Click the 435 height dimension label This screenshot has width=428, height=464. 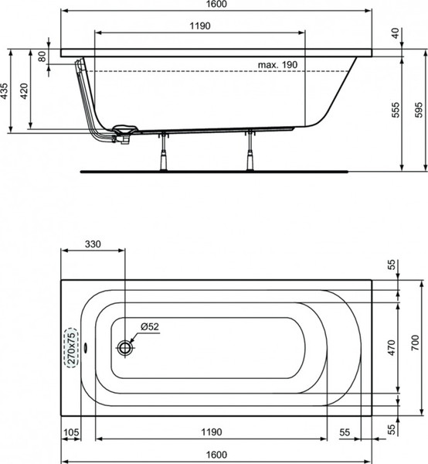5,91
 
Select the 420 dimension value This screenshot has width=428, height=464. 24,91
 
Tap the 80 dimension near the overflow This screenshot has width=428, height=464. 42,56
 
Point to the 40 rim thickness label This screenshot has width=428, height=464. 396,32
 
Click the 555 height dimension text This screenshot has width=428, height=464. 396,110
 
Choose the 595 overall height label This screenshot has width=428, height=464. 419,110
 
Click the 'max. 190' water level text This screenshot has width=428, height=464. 277,64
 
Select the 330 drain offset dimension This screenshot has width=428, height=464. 93,244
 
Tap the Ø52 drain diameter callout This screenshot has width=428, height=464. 150,326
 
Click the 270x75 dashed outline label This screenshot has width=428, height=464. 71,348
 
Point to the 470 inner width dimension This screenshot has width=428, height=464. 392,348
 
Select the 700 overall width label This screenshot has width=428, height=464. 416,343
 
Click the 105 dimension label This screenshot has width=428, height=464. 71,432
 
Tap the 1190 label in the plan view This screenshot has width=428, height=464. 212,432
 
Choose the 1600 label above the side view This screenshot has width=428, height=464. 216,4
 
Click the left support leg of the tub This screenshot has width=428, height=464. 163,152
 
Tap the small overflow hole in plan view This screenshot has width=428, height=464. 86,348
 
